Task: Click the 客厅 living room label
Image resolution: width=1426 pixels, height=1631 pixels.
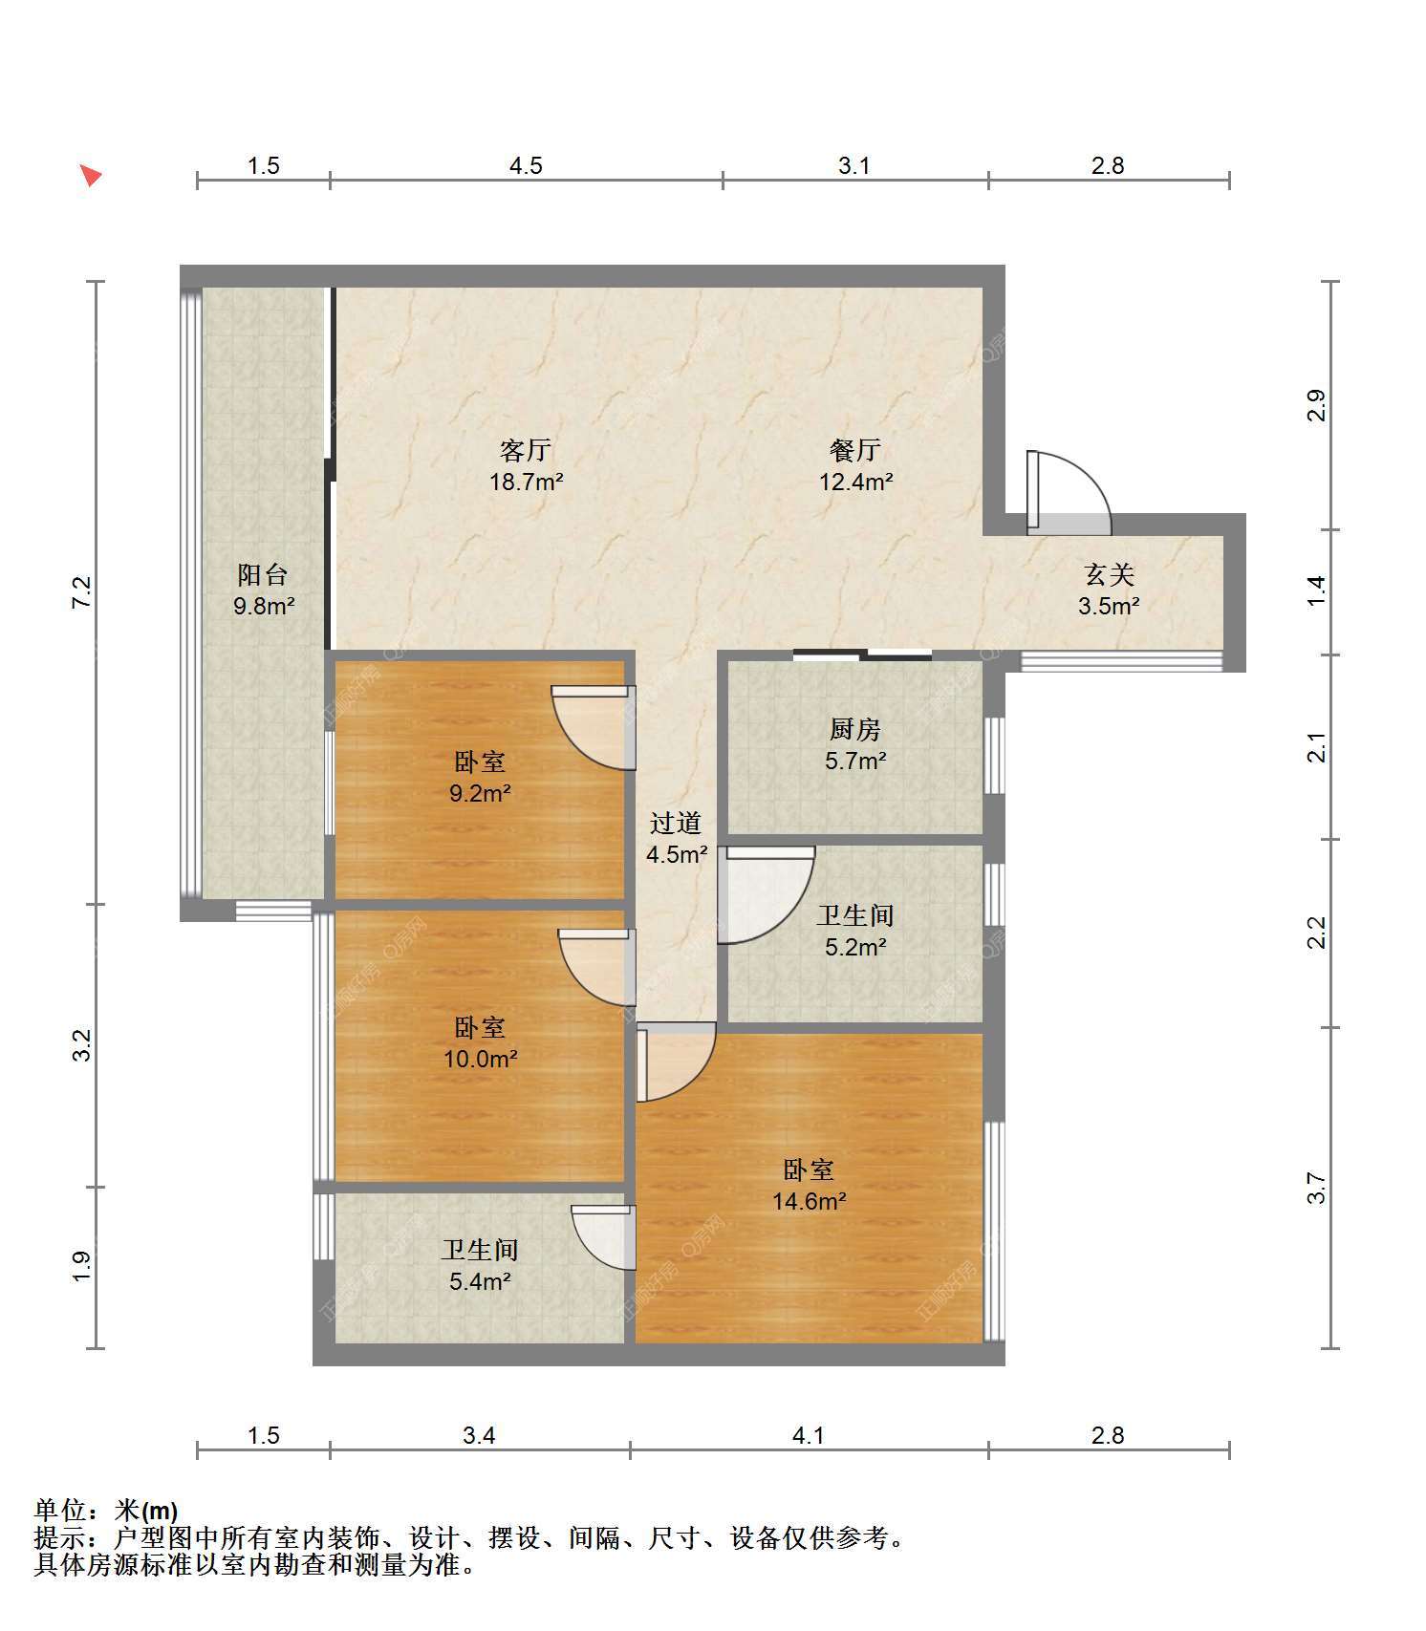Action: tap(526, 449)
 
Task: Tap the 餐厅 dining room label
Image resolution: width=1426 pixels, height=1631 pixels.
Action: tap(855, 449)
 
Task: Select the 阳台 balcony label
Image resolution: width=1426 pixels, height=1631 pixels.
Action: tap(263, 574)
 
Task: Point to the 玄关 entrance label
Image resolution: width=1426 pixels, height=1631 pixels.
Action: tap(1109, 574)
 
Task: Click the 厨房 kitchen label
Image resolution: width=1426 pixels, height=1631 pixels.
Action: tap(855, 729)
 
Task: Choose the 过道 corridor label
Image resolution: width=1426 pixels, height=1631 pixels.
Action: tap(676, 823)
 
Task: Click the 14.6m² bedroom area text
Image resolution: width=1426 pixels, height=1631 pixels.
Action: tap(810, 1201)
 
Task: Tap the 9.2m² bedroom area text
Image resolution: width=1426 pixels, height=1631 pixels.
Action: tap(480, 793)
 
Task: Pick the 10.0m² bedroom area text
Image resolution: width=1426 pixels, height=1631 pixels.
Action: tap(480, 1059)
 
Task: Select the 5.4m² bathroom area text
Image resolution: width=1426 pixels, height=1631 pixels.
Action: tap(480, 1281)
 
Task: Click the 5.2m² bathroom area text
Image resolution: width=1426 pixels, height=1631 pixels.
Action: tap(855, 947)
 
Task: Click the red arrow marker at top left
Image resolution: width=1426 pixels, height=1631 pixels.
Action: tap(90, 175)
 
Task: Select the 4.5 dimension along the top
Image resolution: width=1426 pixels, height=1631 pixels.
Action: tap(526, 165)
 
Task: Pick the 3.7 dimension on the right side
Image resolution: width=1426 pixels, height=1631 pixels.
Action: tap(1317, 1188)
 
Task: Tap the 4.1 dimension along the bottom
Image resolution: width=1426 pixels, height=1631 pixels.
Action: tap(809, 1435)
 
